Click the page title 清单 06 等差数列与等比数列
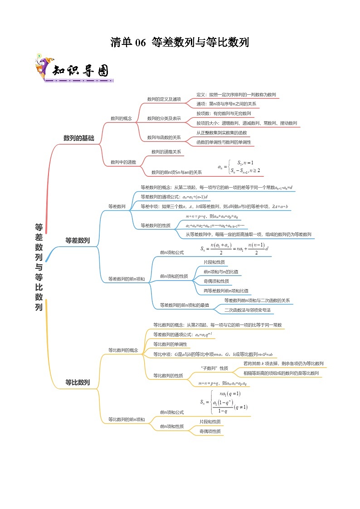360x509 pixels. pyautogui.click(x=180, y=43)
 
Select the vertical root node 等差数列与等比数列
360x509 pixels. pyautogui.click(x=39, y=267)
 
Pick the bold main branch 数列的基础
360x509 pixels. pyautogui.click(x=78, y=138)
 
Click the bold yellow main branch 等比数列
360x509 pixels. pyautogui.click(x=78, y=383)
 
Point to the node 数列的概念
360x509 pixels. pyautogui.click(x=121, y=118)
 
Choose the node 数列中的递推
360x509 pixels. pyautogui.click(x=123, y=162)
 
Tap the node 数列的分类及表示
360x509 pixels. pyautogui.click(x=164, y=118)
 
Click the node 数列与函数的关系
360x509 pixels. pyautogui.click(x=164, y=137)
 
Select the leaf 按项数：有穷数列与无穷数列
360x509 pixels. pyautogui.click(x=224, y=113)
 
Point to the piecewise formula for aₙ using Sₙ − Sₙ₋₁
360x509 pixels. pyautogui.click(x=239, y=166)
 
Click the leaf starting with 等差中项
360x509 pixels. pyautogui.click(x=214, y=206)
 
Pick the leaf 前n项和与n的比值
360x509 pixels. pyautogui.click(x=221, y=271)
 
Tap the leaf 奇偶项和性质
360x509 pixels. pyautogui.click(x=216, y=281)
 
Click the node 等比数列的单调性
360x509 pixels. pyautogui.click(x=170, y=344)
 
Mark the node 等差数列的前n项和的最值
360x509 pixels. pyautogui.click(x=185, y=305)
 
